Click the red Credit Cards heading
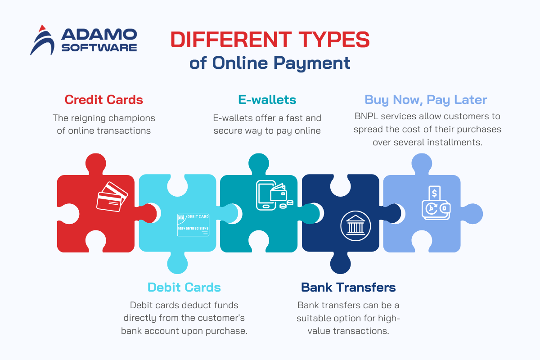click(x=103, y=100)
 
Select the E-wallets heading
click(x=267, y=100)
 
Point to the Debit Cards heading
click(x=184, y=287)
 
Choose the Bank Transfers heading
click(x=348, y=287)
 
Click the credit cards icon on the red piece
click(x=112, y=197)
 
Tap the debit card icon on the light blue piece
click(x=193, y=225)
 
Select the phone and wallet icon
click(x=274, y=195)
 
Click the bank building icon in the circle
click(x=355, y=226)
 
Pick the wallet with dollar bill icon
click(x=436, y=203)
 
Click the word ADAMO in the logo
click(x=99, y=34)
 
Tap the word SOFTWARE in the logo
click(x=99, y=48)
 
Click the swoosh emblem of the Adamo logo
click(x=42, y=40)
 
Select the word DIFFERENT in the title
click(x=231, y=40)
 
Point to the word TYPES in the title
click(x=334, y=40)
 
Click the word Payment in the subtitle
click(x=312, y=63)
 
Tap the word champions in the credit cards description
click(x=131, y=118)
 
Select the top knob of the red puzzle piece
click(x=96, y=164)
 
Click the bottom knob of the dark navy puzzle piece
click(x=340, y=263)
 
